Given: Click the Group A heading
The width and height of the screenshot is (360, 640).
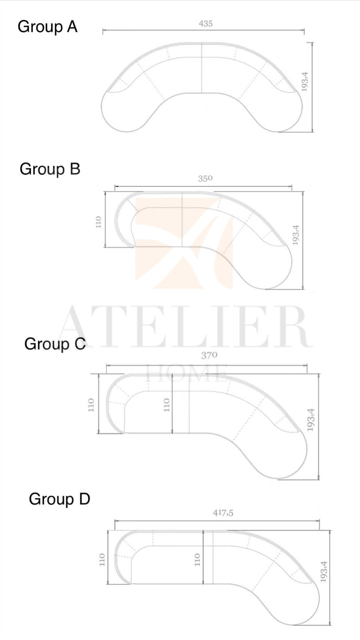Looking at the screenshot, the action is (x=48, y=27).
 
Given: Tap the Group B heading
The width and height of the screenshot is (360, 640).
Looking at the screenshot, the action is (x=50, y=169).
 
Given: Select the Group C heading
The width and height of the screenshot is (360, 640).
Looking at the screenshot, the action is (x=55, y=344).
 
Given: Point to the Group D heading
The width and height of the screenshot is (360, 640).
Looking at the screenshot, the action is (x=60, y=499).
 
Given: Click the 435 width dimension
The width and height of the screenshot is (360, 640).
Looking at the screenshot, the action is (x=206, y=24).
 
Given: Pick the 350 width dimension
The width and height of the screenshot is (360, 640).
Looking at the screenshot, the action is (x=205, y=178).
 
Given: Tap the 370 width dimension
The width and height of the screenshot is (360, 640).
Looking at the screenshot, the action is (x=209, y=355).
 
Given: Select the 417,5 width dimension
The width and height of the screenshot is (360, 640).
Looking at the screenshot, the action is (x=223, y=513).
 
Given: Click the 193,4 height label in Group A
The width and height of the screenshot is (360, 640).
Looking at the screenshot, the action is (x=305, y=82).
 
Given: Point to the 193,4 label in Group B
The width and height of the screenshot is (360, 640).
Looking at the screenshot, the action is (x=296, y=235).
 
